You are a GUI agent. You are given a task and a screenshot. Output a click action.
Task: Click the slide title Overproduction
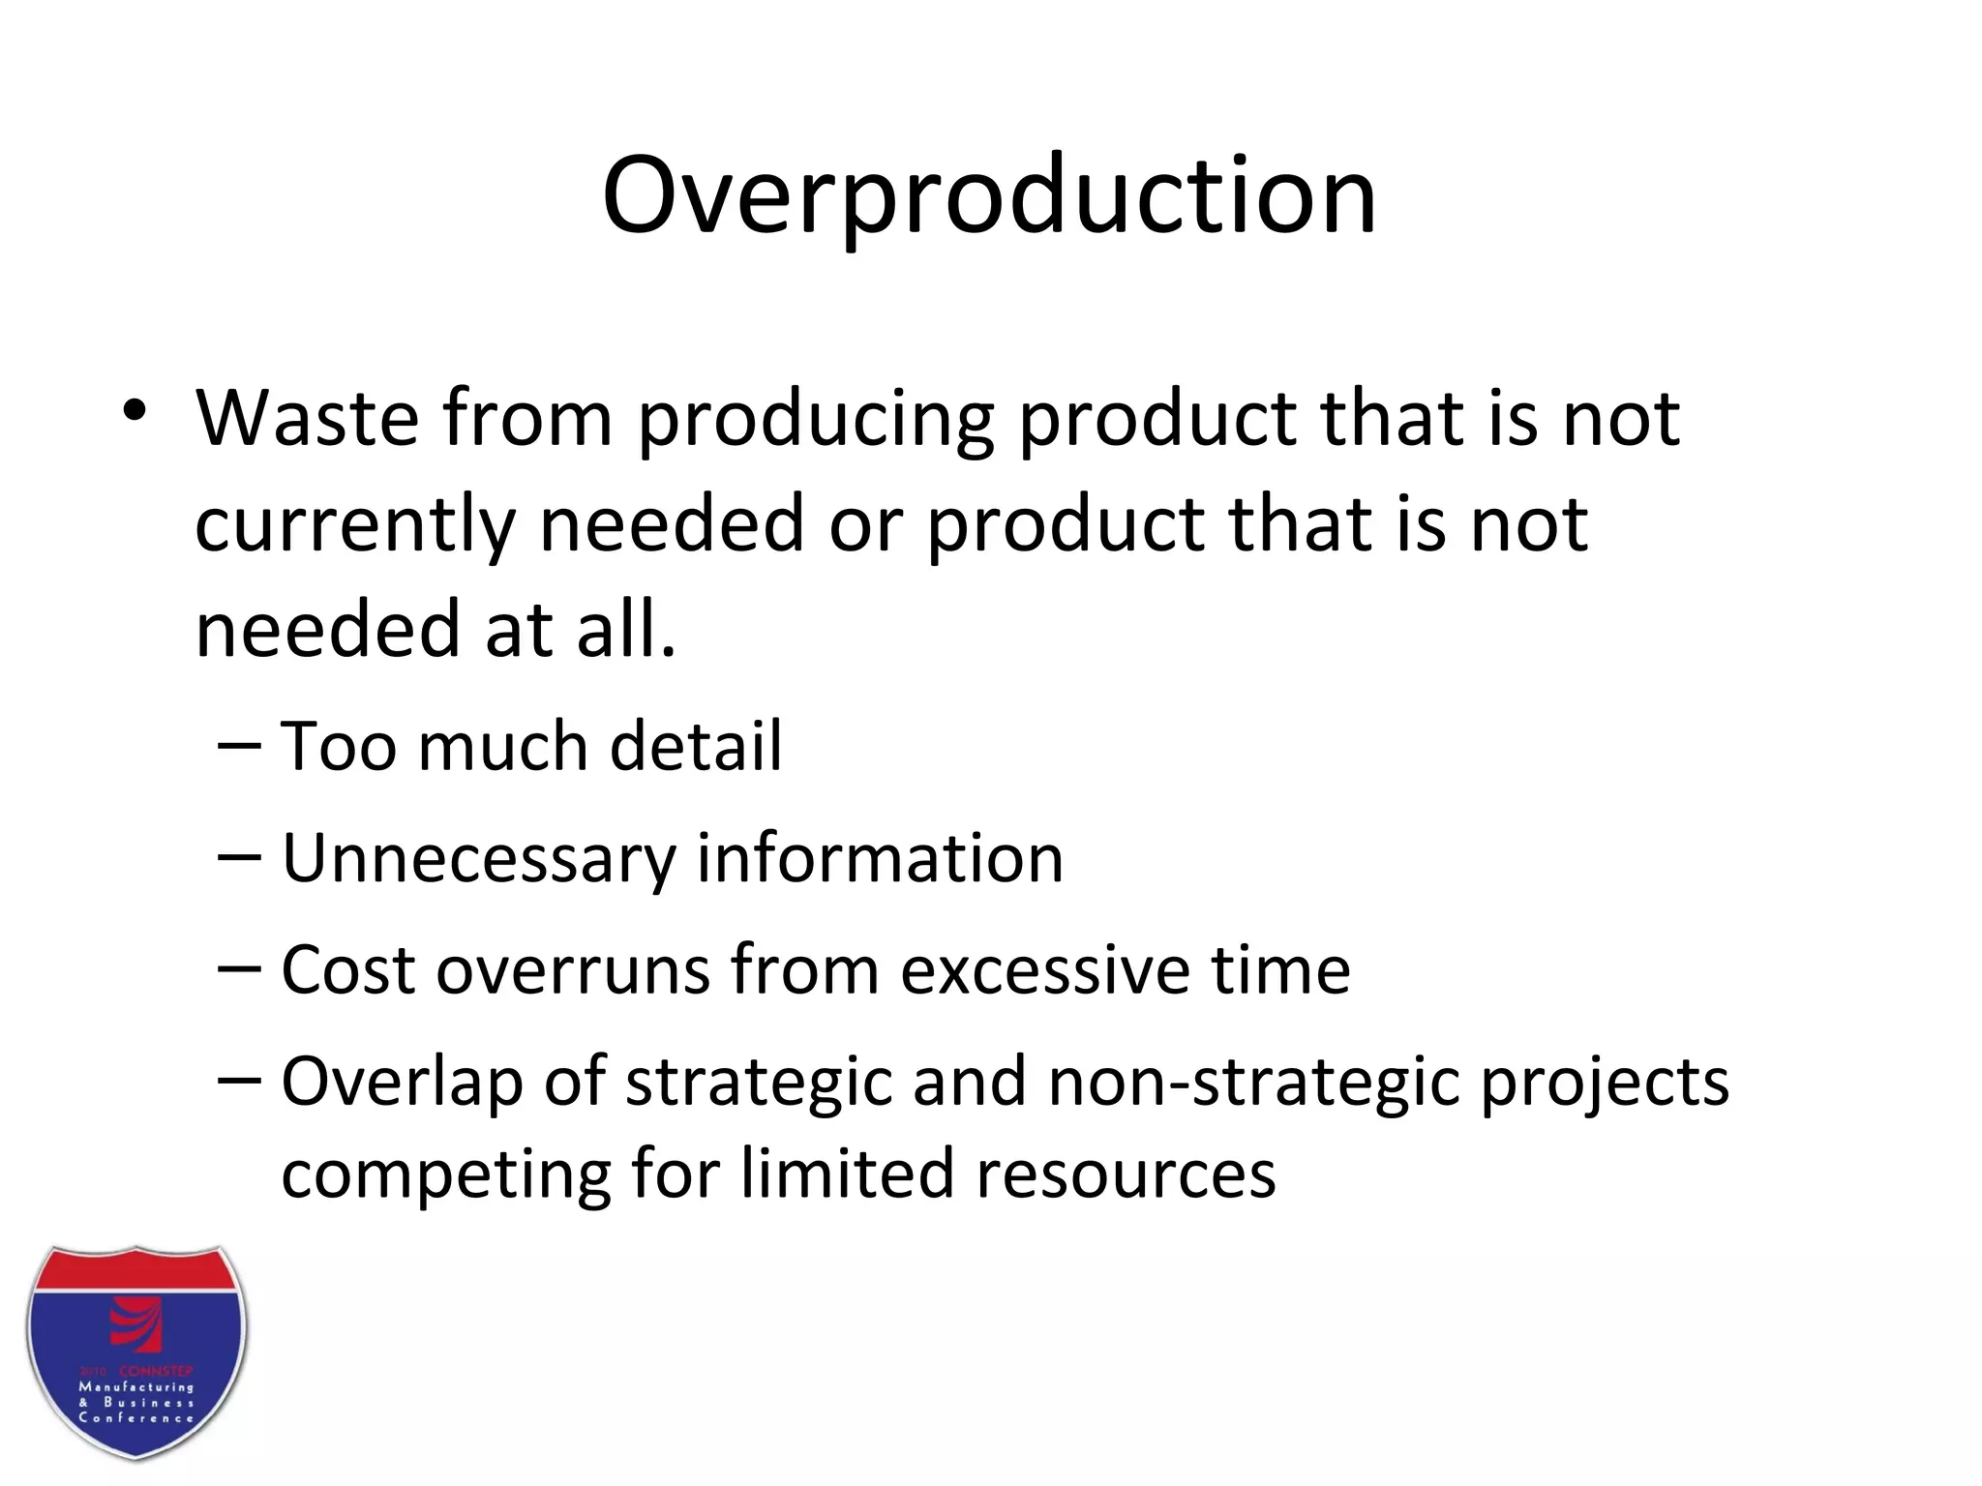(x=988, y=196)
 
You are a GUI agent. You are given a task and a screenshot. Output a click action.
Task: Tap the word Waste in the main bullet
(x=308, y=419)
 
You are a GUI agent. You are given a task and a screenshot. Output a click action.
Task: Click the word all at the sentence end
(x=624, y=629)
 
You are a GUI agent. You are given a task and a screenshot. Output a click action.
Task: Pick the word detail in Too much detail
(x=695, y=747)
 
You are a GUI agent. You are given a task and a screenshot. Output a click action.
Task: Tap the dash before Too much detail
(x=239, y=747)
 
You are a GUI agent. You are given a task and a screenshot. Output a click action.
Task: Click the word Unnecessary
(x=478, y=859)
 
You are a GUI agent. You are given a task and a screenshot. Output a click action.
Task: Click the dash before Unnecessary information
(x=239, y=858)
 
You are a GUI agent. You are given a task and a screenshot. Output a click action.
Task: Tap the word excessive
(x=1044, y=970)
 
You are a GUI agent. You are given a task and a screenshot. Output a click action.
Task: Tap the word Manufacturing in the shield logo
(x=135, y=1386)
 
